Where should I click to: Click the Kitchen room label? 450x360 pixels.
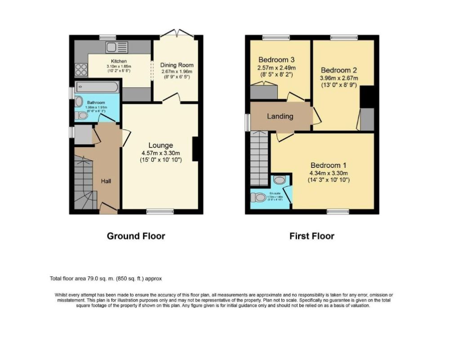point(119,61)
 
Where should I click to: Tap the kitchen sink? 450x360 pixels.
point(117,47)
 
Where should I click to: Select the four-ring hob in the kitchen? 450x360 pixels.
point(81,69)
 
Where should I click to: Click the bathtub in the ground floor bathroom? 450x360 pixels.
point(97,87)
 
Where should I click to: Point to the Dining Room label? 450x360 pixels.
point(177,65)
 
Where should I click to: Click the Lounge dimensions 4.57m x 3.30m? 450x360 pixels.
point(161,153)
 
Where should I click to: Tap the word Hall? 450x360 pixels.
point(106,181)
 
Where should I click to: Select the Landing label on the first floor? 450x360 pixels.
point(280,116)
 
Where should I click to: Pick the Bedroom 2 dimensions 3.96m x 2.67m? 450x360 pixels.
point(338,78)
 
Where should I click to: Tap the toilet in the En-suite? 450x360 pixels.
point(259,197)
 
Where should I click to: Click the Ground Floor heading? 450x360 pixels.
point(136,236)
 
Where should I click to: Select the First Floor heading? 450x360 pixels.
point(312,236)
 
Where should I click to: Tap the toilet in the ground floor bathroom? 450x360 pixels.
point(82,116)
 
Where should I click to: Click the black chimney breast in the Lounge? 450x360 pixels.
point(196,148)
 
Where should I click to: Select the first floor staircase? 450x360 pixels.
point(259,157)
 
